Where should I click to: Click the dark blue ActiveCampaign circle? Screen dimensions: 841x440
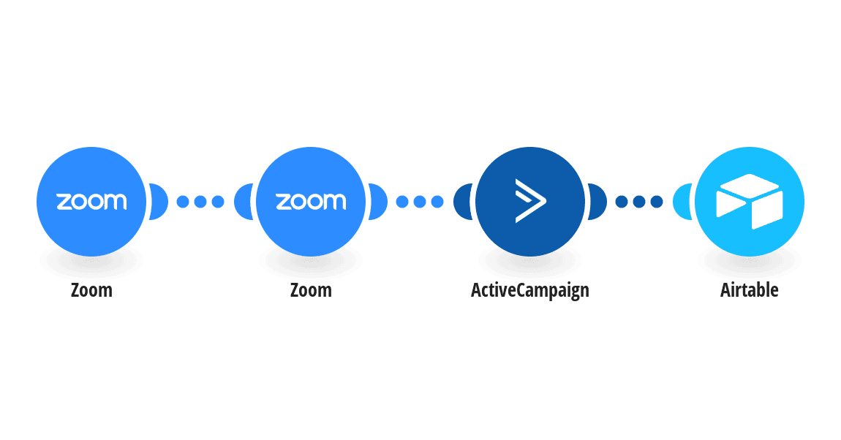tap(530, 202)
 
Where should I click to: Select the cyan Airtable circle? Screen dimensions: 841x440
tap(750, 202)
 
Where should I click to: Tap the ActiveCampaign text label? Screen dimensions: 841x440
tap(530, 290)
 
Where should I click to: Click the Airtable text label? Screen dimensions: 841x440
tap(750, 290)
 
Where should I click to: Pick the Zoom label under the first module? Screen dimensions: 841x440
tap(91, 290)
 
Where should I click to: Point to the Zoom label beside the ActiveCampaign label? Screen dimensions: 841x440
tap(311, 290)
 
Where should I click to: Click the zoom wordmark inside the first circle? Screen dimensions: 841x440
tap(91, 202)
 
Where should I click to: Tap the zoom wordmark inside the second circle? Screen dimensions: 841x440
tap(311, 202)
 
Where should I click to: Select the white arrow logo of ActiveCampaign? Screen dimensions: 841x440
tap(530, 201)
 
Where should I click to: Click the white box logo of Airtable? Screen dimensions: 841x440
tap(750, 202)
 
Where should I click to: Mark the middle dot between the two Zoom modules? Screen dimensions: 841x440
tap(200, 202)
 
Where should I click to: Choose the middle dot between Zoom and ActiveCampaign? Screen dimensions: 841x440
tap(420, 202)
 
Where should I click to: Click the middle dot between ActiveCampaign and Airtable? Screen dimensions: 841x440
tap(639, 202)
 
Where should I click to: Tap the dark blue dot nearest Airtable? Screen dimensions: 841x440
tap(657, 202)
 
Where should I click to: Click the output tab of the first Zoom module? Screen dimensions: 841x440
tap(159, 202)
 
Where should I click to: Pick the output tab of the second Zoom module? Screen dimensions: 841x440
tap(379, 202)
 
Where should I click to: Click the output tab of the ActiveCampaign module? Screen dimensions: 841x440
tap(598, 202)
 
